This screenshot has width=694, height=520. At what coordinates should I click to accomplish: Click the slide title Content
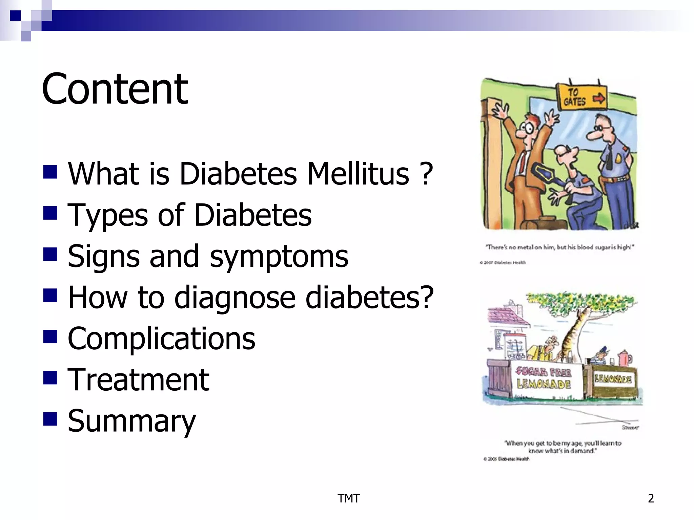click(115, 89)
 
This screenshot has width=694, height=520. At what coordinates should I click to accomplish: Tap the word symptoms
click(279, 257)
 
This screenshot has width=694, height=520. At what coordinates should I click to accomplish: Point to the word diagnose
click(234, 298)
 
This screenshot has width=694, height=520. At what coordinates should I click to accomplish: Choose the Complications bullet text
click(161, 339)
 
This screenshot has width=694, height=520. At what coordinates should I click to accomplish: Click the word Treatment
click(138, 380)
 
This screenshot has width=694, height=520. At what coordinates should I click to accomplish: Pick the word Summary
click(132, 421)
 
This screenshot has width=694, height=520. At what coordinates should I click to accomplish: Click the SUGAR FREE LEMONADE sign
click(544, 378)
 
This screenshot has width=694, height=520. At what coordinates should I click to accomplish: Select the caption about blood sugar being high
click(559, 247)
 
